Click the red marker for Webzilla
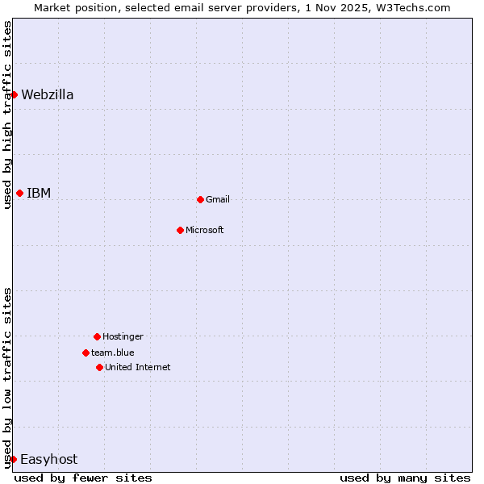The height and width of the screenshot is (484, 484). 14,94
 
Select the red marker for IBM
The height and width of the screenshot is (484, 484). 19,193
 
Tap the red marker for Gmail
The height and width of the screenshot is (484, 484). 200,199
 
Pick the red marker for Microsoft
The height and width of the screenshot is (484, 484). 180,230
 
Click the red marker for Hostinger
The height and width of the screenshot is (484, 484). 97,336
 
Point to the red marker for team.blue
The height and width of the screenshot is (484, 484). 86,353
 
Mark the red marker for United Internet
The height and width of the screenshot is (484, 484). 99,367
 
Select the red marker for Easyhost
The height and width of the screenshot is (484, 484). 13,459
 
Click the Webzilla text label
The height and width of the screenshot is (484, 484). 48,94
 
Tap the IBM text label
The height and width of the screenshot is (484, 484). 39,193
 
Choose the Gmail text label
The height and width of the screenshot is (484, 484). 218,199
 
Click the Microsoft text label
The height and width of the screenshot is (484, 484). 205,230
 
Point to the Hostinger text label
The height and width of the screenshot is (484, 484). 123,336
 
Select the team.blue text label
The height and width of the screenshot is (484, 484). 113,353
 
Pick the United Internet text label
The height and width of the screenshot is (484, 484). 138,367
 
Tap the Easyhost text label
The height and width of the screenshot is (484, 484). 48,459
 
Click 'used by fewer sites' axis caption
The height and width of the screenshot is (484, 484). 83,478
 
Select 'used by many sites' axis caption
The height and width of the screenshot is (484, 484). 405,478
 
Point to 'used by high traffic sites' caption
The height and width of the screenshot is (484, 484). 7,115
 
